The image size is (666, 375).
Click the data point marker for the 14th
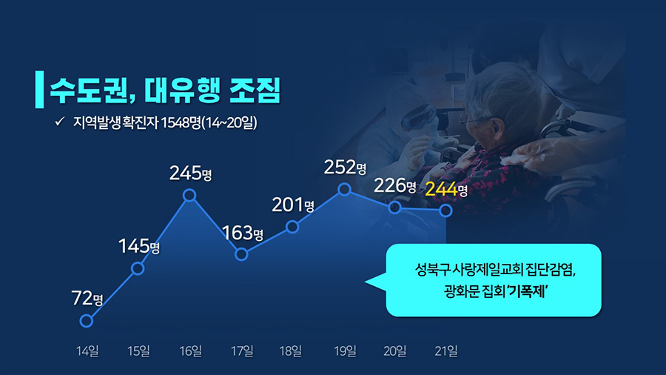tap(87, 321)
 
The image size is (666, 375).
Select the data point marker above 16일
tap(189, 195)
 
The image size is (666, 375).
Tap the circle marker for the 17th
tap(241, 254)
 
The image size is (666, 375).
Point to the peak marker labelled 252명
tap(344, 189)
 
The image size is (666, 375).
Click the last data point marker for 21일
tap(446, 210)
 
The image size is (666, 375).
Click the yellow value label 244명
tap(446, 189)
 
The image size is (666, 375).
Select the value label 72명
tap(87, 298)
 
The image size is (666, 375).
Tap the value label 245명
tap(190, 173)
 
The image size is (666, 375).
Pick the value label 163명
tap(243, 233)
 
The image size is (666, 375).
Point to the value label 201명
tap(293, 205)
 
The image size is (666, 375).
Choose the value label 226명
tap(395, 185)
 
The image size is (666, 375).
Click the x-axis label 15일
tap(138, 351)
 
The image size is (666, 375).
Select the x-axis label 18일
tap(291, 351)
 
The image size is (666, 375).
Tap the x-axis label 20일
tap(394, 351)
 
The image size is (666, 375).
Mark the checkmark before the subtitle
tap(60, 122)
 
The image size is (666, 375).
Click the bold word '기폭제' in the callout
tap(527, 291)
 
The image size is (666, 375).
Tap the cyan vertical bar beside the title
tap(39, 89)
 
